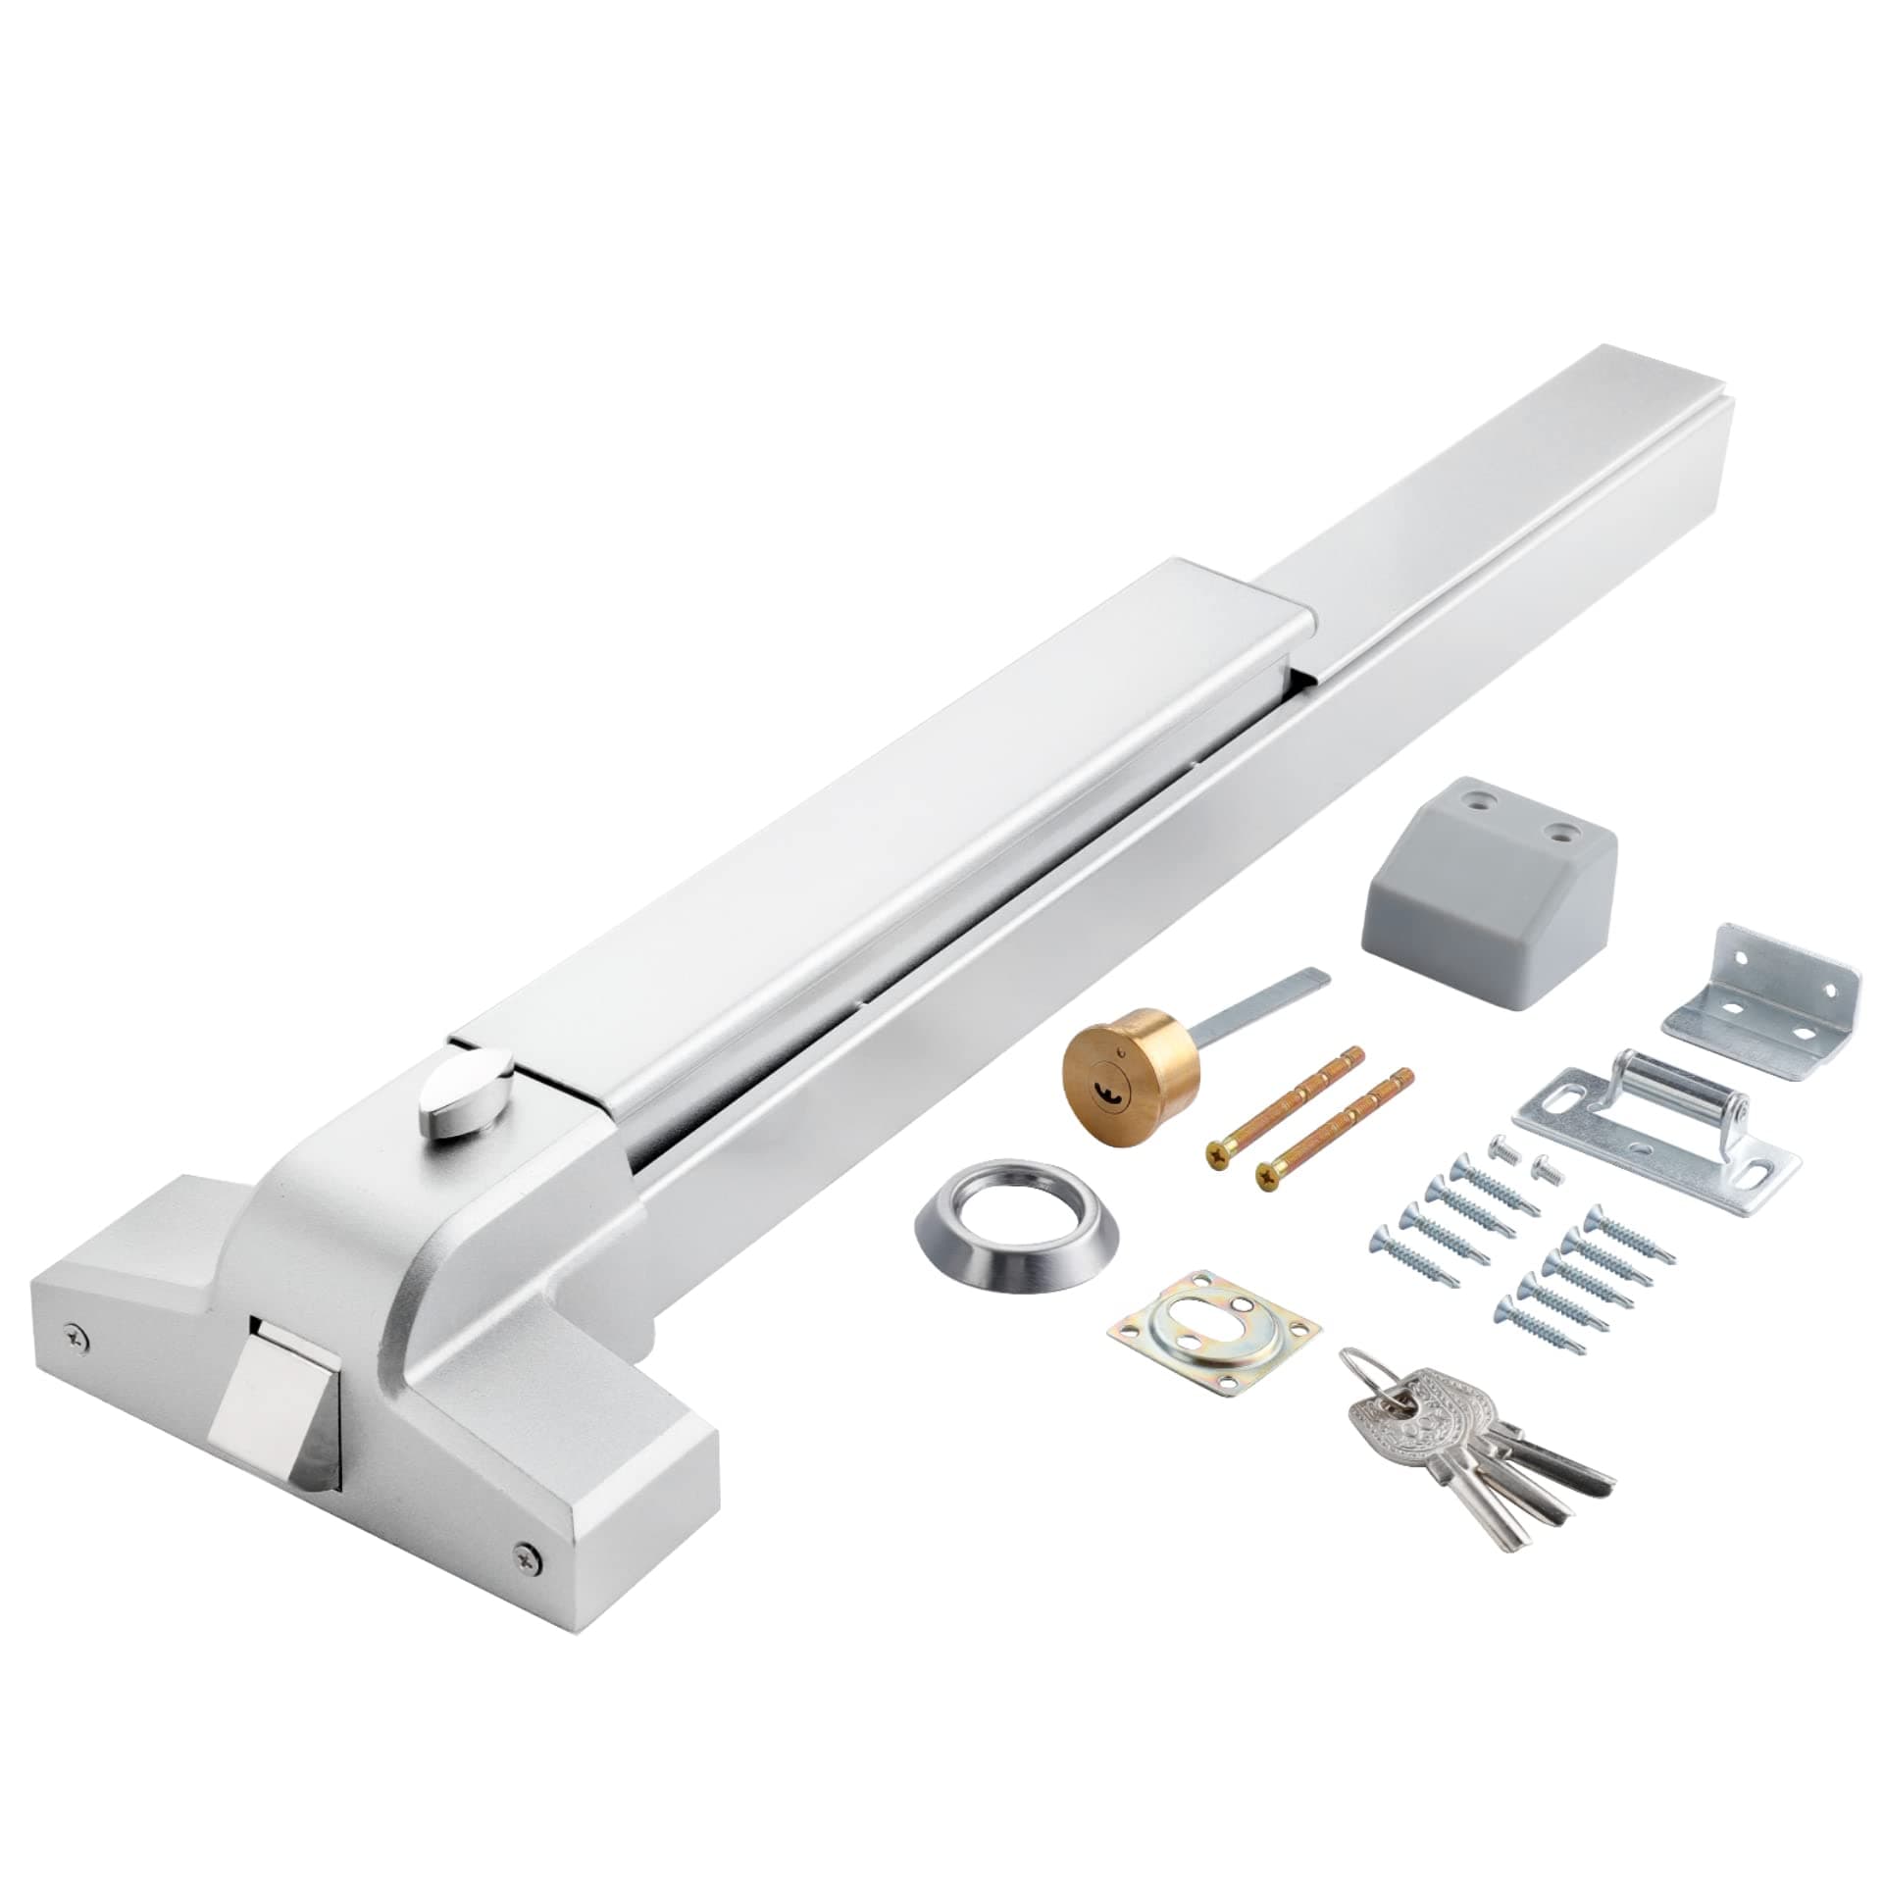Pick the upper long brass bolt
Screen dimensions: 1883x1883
pyautogui.click(x=1286, y=1103)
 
